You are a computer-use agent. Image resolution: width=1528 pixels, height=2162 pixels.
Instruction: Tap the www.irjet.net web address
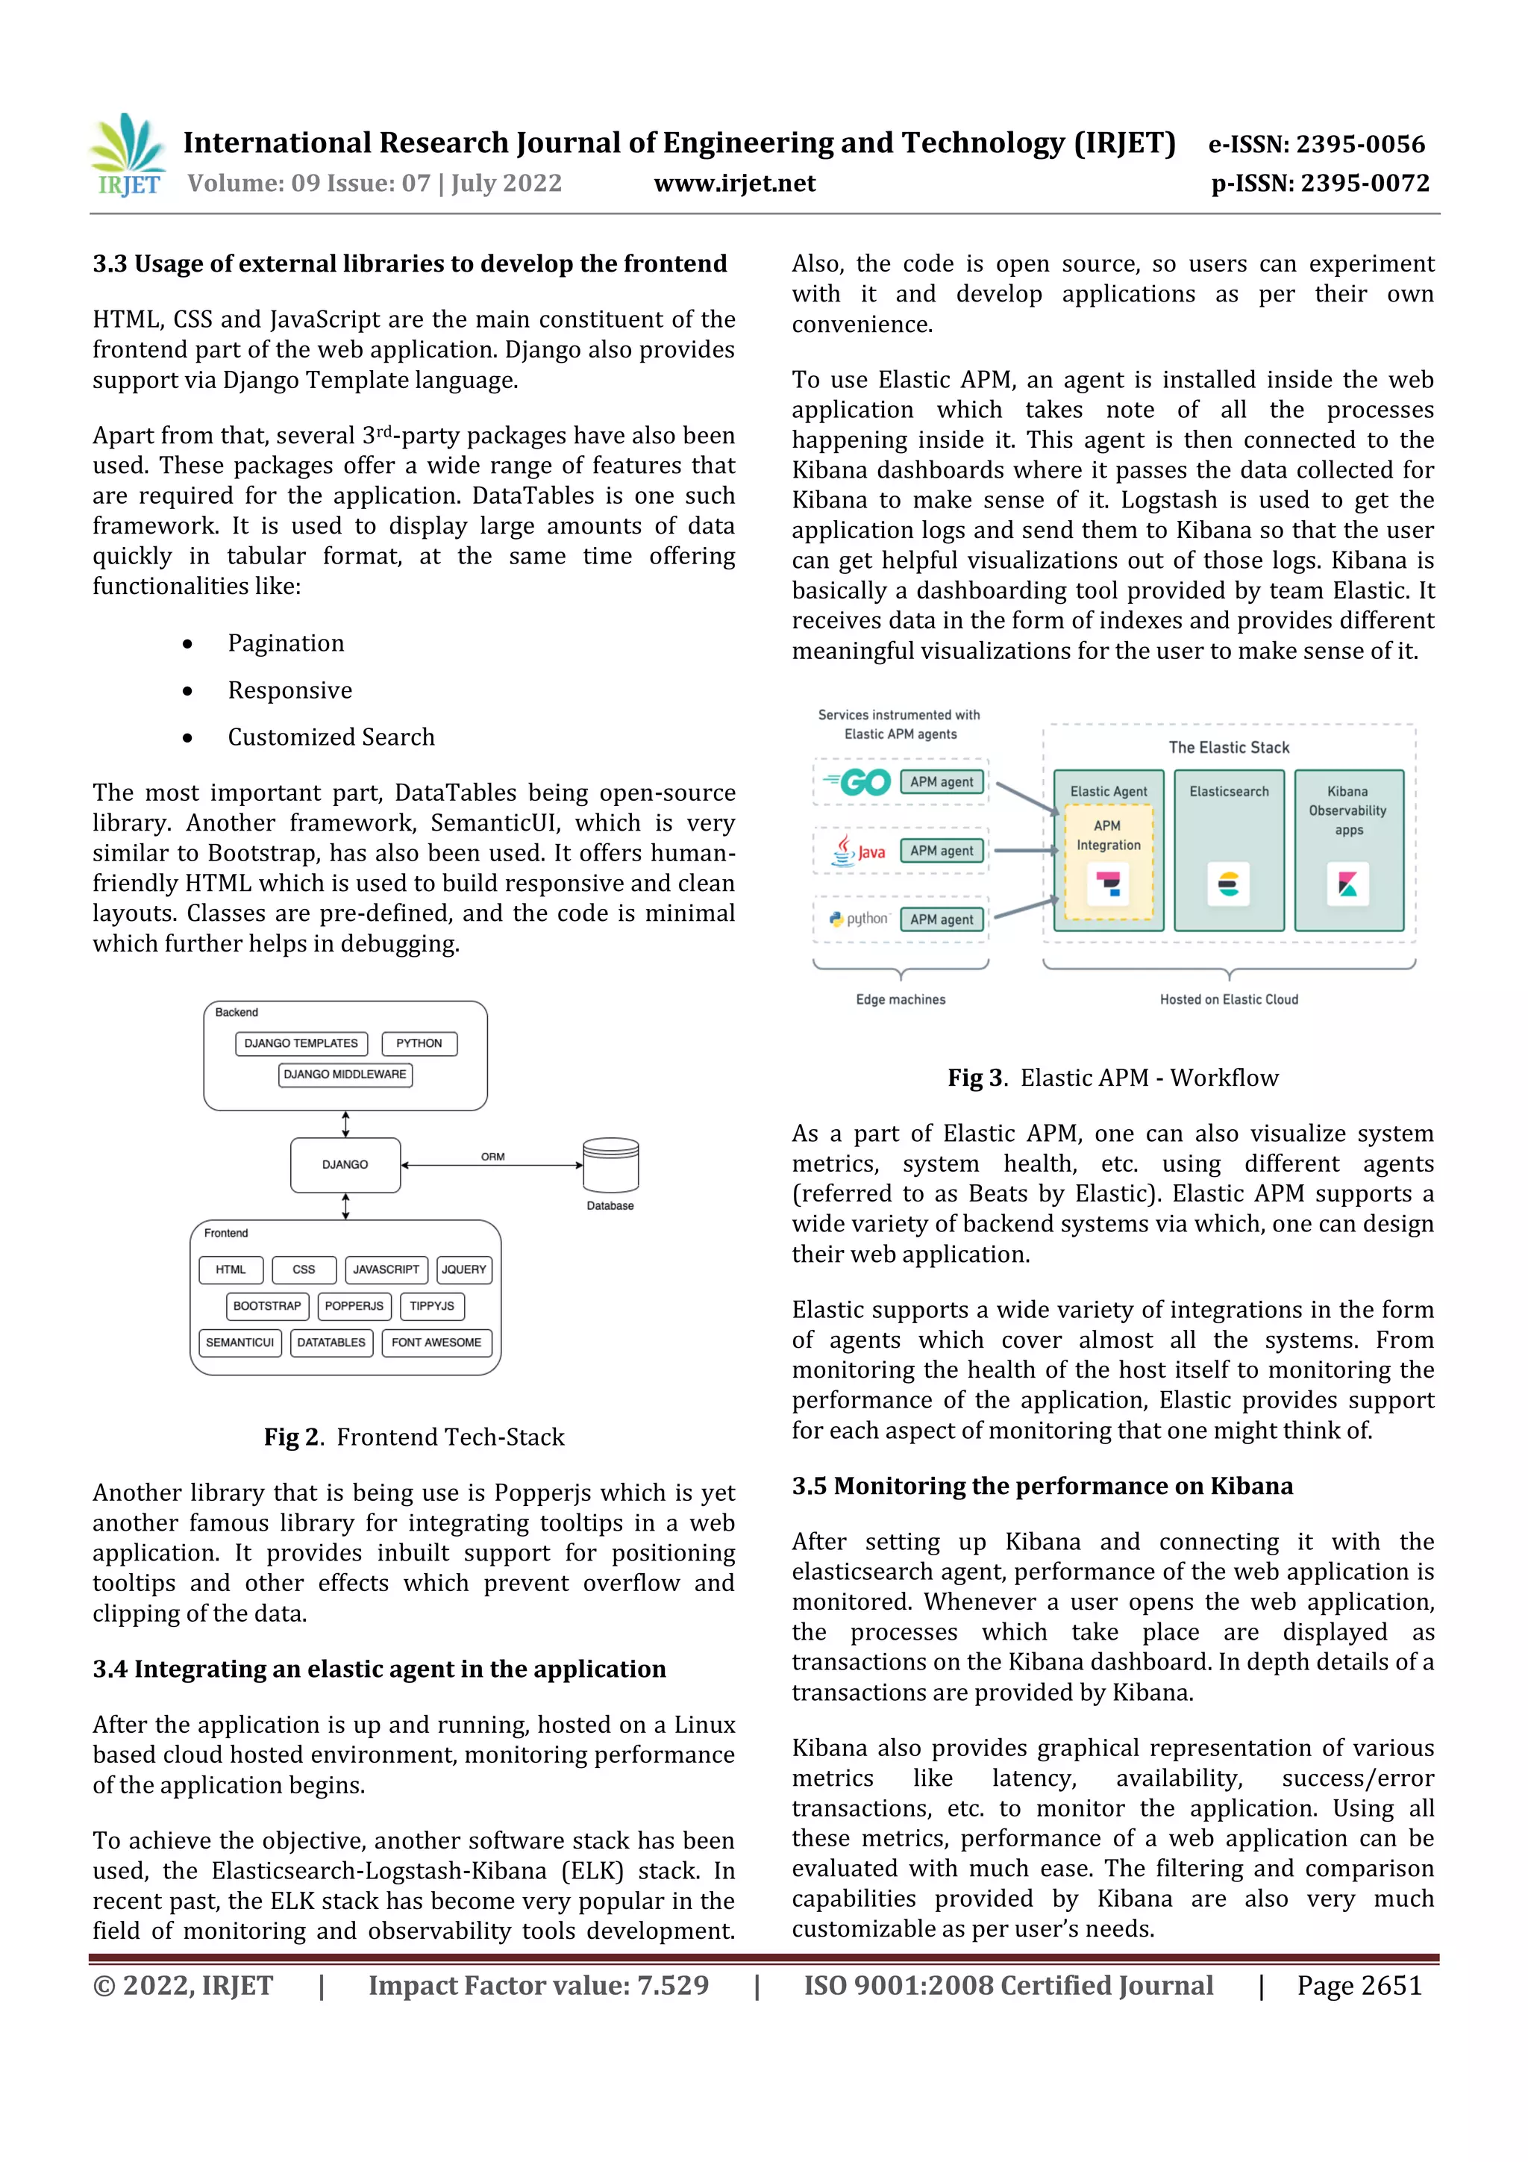[x=734, y=184]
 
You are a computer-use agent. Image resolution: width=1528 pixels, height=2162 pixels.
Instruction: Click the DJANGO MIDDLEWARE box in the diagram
[x=345, y=1075]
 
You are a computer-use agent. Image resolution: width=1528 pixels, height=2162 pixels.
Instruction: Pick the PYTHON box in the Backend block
[x=419, y=1043]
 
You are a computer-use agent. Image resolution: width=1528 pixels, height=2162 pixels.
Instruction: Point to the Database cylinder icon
[x=610, y=1165]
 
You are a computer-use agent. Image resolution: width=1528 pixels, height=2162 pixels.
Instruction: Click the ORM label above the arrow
[x=492, y=1156]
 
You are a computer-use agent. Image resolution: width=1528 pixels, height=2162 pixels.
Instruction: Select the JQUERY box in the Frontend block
[x=464, y=1269]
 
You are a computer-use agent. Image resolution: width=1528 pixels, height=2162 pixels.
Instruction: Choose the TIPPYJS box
[x=432, y=1306]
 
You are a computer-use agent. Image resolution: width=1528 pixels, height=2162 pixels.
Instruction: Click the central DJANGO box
[x=345, y=1165]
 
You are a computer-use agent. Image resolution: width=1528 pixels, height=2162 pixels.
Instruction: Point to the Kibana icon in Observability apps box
[x=1348, y=884]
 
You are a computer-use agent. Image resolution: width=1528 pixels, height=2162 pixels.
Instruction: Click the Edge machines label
[x=900, y=1000]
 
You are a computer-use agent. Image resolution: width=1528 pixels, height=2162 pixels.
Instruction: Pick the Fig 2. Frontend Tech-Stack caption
[x=414, y=1437]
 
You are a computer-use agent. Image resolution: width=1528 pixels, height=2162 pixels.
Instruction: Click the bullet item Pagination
[x=285, y=643]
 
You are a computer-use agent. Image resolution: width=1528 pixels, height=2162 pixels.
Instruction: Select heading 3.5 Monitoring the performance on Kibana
[x=1042, y=1486]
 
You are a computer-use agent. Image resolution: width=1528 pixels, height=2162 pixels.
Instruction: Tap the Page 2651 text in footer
[x=1359, y=1986]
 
